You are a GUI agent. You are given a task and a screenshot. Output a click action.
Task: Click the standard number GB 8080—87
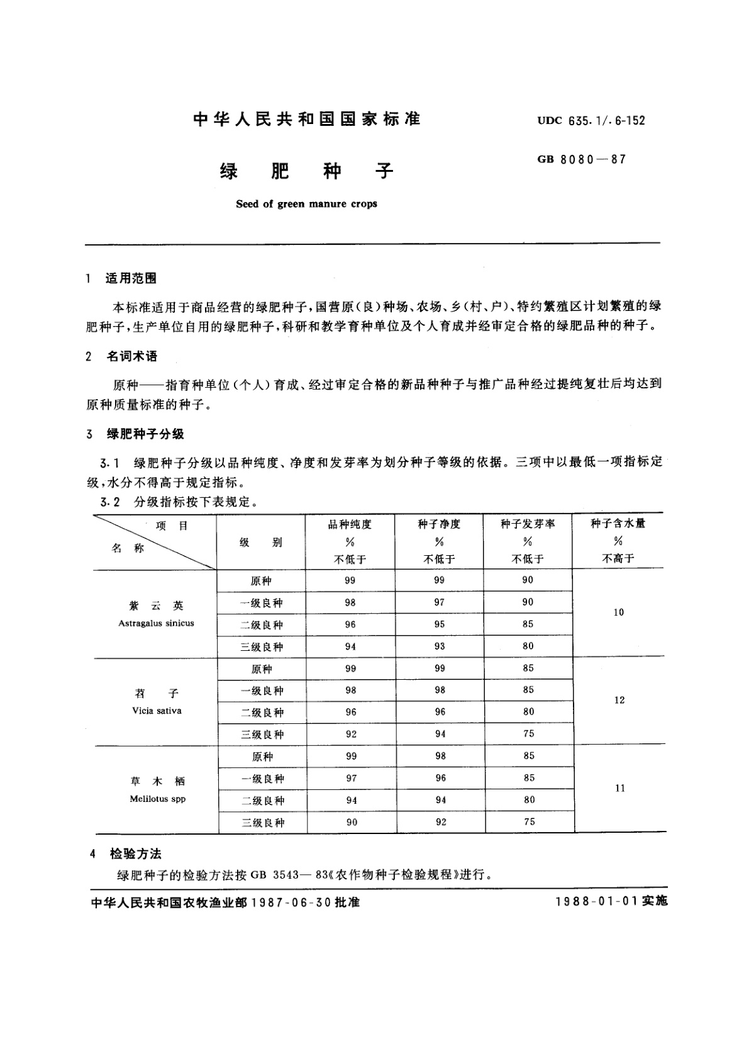(x=581, y=159)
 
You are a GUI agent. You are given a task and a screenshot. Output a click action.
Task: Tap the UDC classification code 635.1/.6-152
(x=591, y=120)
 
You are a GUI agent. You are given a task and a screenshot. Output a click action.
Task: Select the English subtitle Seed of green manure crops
(x=306, y=204)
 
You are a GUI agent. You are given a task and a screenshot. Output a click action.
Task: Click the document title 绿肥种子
(x=306, y=171)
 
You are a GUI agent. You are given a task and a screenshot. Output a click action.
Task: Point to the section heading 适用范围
(x=131, y=278)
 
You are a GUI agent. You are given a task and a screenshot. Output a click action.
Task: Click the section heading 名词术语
(x=131, y=356)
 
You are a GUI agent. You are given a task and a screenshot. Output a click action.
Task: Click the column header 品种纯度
(x=350, y=524)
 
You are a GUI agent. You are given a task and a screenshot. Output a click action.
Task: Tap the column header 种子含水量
(x=618, y=523)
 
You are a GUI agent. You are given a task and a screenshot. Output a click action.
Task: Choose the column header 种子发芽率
(x=528, y=524)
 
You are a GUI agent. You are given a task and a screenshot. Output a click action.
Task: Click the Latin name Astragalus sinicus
(x=156, y=623)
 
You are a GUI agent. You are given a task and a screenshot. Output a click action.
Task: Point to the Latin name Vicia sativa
(x=157, y=711)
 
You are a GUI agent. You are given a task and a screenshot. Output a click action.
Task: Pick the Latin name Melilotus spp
(x=157, y=799)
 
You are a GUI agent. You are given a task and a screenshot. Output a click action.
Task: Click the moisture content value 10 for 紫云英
(x=618, y=612)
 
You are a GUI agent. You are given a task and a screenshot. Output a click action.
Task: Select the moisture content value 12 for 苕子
(x=619, y=700)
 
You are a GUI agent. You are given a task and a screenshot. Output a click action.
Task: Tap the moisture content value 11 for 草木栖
(x=619, y=788)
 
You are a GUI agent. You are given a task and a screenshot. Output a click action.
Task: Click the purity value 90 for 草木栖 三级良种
(x=352, y=822)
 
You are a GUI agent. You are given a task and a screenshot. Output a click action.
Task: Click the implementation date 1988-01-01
(x=596, y=901)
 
